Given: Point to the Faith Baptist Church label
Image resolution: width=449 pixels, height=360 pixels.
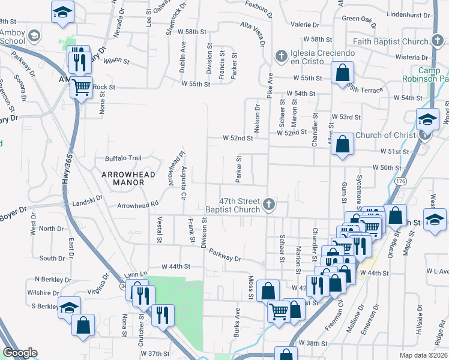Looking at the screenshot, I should click(389, 41).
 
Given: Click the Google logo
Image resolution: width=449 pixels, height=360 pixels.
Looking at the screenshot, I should click(20, 353).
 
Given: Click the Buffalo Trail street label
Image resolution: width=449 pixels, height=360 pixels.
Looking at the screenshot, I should click(123, 158).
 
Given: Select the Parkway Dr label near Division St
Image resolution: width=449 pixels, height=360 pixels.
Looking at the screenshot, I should click(225, 254).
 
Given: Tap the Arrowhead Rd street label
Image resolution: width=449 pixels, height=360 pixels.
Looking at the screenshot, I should click(137, 205).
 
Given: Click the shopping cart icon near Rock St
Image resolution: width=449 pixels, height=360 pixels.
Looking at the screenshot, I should click(82, 87).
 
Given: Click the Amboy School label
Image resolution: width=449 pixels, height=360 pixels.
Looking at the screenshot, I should click(13, 37).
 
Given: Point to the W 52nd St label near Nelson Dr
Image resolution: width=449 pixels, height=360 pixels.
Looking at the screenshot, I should click(238, 138).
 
